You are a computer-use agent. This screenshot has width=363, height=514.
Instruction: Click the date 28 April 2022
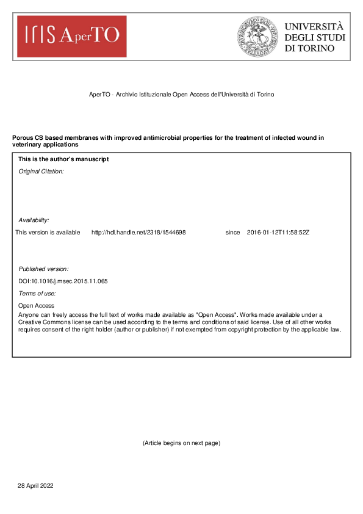click(36, 485)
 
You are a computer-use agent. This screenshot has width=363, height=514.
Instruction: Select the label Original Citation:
click(41, 172)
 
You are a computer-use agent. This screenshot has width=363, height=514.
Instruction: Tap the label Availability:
click(34, 220)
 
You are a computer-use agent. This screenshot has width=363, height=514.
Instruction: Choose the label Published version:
click(43, 269)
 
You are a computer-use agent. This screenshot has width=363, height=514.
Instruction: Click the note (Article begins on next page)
click(181, 443)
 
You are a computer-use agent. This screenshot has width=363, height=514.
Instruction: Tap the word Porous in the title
click(23, 138)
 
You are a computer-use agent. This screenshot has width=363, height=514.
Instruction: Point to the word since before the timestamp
click(232, 233)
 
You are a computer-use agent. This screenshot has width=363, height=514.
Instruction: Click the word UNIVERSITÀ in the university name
click(314, 27)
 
